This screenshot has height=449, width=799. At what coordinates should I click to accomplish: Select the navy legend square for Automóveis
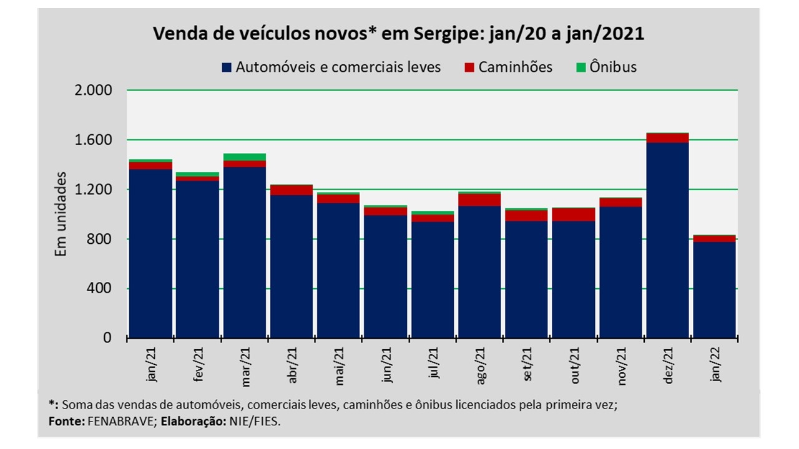coord(227,67)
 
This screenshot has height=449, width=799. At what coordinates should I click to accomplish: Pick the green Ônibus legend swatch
coord(581,67)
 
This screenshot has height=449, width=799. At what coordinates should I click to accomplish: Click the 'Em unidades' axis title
coord(61,214)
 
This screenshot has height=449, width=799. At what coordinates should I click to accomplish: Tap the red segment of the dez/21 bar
coord(667,138)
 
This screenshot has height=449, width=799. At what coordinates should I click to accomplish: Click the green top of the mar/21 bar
coord(244,157)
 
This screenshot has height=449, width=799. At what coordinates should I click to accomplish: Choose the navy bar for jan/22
coord(714,290)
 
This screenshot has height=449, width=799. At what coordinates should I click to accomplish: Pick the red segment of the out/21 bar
coord(573,215)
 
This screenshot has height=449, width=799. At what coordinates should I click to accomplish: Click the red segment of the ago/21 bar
coord(479,200)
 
